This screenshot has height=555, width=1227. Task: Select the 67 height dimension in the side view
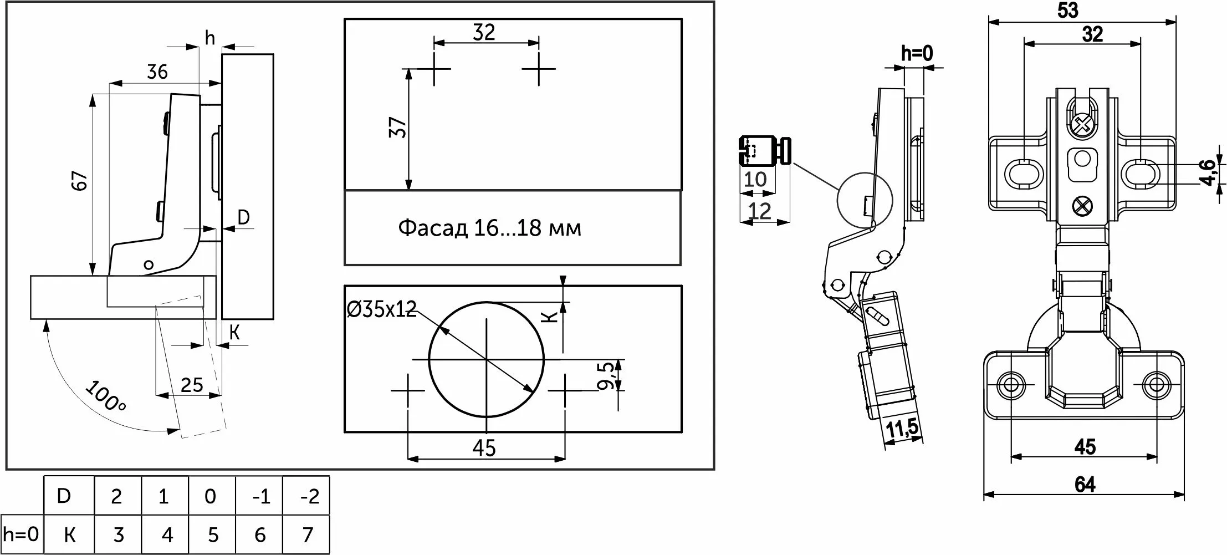coord(81,181)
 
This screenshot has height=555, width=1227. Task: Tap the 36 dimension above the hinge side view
coord(157,72)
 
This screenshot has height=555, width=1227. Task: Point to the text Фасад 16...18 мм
coord(490,228)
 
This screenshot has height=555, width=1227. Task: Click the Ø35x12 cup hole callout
coord(381,309)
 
